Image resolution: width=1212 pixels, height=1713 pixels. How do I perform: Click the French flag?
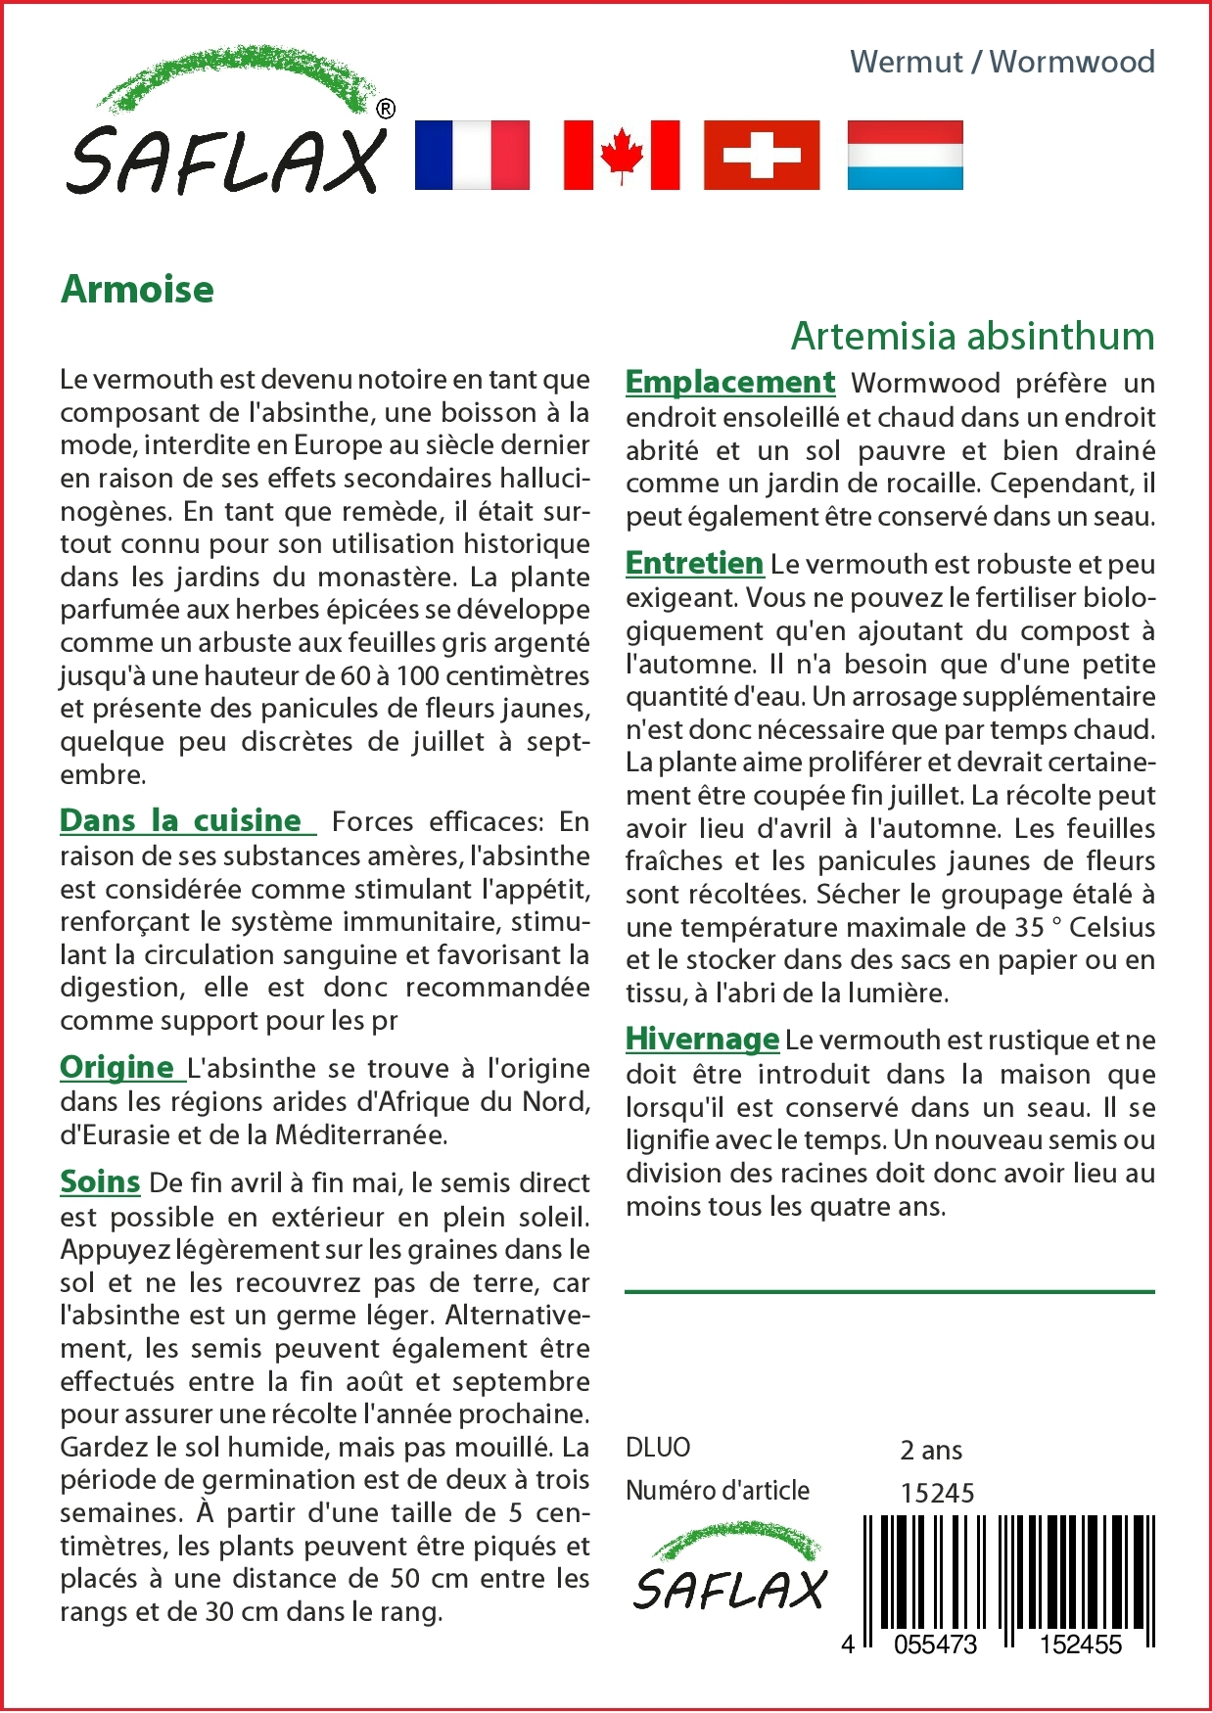tap(472, 155)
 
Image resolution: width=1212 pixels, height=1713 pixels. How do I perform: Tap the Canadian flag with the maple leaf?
tap(622, 155)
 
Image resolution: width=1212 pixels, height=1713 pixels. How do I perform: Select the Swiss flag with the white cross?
tap(762, 155)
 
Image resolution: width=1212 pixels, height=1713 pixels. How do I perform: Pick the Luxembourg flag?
tap(905, 155)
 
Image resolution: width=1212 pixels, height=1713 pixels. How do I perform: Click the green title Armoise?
tap(137, 290)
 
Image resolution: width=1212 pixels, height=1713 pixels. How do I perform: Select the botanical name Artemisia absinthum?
tap(972, 336)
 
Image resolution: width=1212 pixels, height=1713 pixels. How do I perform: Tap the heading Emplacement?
tap(730, 382)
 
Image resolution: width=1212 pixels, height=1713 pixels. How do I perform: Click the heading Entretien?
tap(694, 563)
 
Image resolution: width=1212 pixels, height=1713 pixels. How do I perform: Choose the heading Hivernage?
tap(702, 1039)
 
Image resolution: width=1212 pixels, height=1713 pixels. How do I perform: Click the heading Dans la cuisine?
tap(181, 820)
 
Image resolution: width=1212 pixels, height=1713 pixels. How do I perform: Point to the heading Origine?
tap(117, 1067)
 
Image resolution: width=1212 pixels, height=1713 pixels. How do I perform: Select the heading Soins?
tap(100, 1181)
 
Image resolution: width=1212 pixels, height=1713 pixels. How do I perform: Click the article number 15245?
tap(937, 1493)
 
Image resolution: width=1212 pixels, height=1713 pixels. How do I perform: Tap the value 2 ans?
tap(931, 1450)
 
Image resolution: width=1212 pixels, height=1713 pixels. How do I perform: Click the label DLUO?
tap(658, 1447)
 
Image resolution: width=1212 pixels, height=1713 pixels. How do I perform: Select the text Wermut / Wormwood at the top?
tap(1002, 62)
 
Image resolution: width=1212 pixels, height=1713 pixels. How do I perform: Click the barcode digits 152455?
tap(1080, 1644)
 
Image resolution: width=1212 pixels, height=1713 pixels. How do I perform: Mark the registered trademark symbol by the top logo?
tap(386, 109)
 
